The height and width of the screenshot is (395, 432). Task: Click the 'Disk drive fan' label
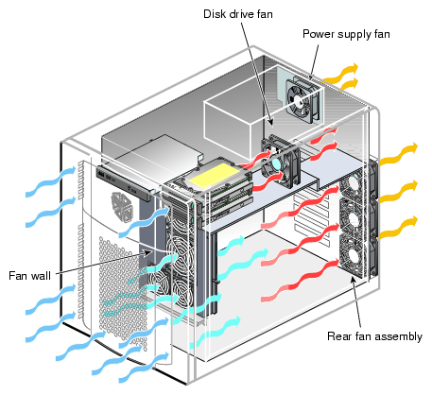(238, 14)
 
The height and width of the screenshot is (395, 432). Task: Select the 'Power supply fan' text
(346, 34)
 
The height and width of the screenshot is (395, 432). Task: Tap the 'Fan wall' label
(29, 276)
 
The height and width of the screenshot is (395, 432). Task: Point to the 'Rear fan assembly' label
(374, 336)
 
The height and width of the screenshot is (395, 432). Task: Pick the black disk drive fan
(281, 162)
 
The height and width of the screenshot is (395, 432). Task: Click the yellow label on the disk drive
(215, 176)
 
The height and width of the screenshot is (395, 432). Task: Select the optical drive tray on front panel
(124, 183)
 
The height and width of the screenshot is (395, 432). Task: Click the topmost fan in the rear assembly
(351, 186)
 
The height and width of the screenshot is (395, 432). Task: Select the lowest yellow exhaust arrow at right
(399, 227)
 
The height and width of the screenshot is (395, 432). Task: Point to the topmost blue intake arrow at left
(51, 181)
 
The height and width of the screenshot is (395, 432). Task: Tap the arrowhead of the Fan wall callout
(147, 252)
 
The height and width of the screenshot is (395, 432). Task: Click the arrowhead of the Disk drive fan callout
(270, 122)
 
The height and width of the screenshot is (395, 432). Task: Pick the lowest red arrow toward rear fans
(300, 280)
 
